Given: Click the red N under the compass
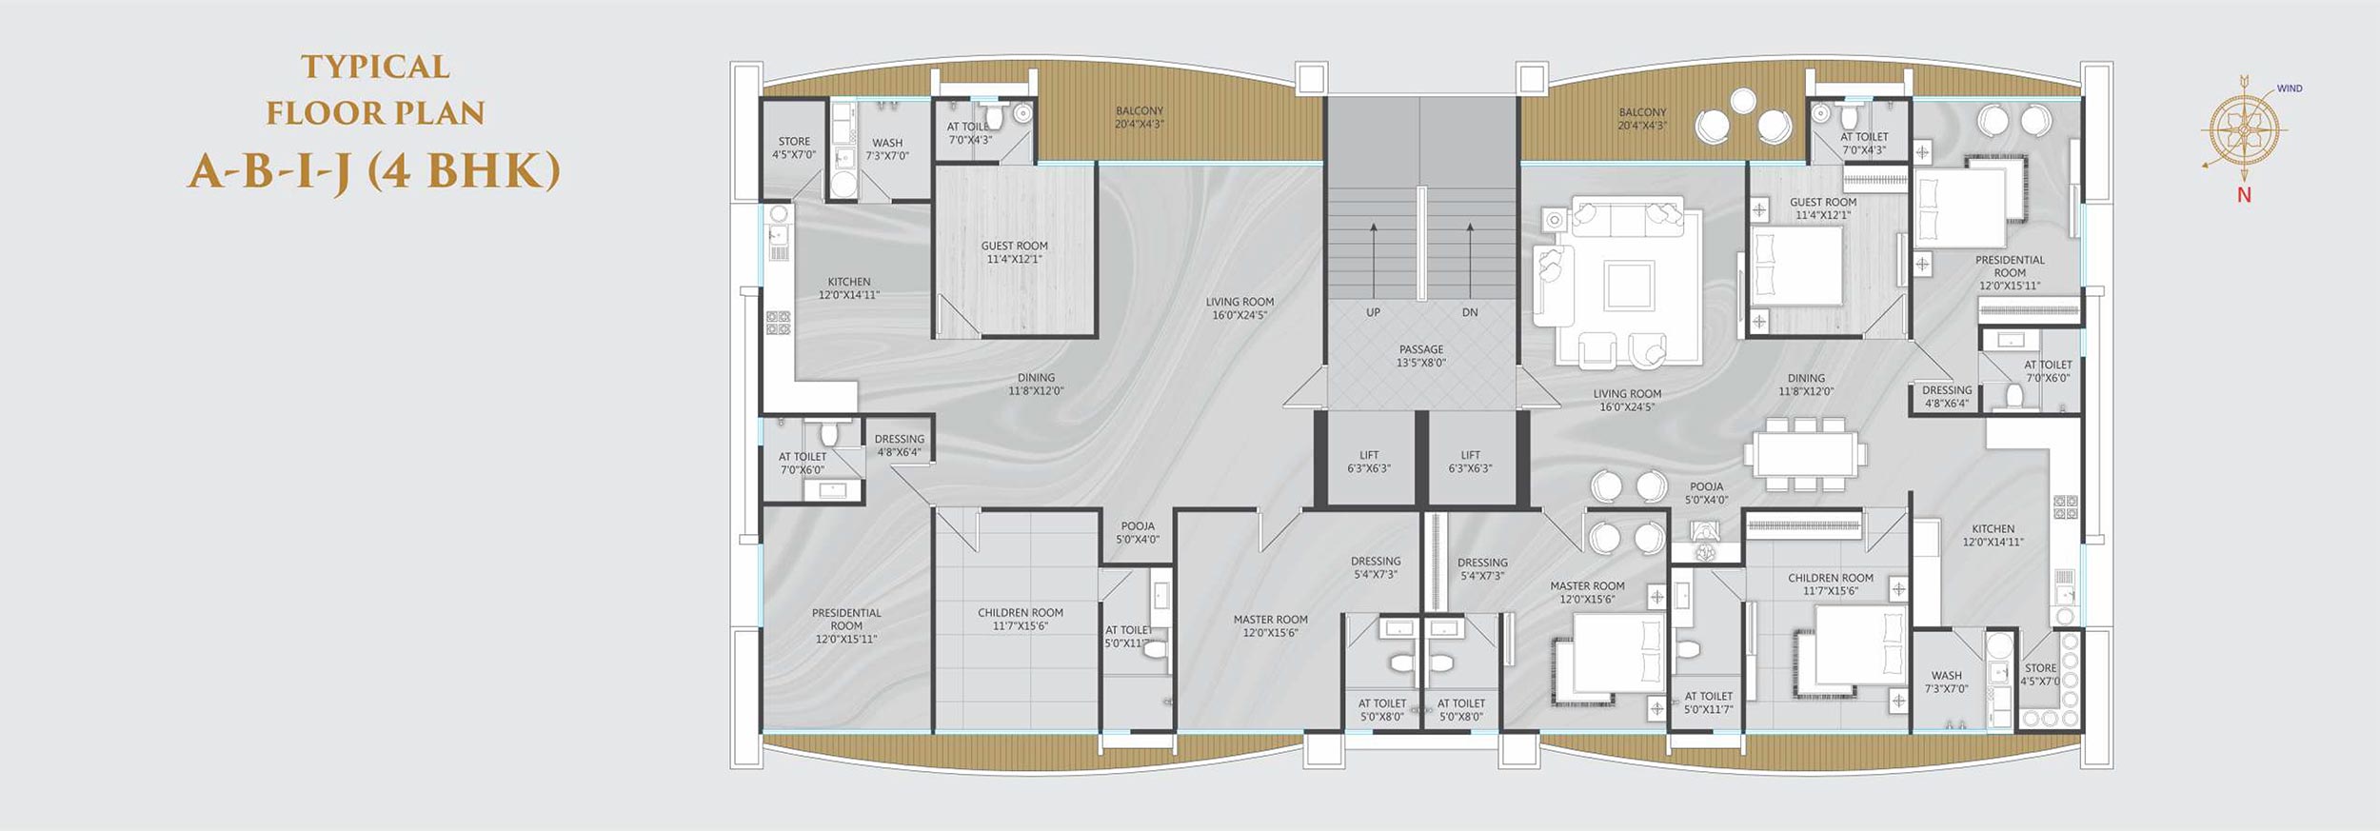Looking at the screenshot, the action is point(2244,195).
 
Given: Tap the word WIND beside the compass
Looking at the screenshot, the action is point(2290,89).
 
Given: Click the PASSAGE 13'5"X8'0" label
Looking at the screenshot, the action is point(1421,356).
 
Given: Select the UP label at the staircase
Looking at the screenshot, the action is point(1373,312).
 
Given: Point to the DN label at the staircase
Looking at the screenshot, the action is point(1470,312).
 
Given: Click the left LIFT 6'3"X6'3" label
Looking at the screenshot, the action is point(1369,462).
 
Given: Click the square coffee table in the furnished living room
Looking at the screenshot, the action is point(1629,286).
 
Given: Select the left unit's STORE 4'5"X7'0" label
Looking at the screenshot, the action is point(794,148).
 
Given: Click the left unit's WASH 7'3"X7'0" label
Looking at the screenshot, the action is point(887,149).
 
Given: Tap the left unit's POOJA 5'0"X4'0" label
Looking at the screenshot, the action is point(1138,533).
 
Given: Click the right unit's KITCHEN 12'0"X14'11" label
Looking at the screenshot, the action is point(1993,536).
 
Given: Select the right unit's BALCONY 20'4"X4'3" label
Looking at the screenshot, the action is point(1642,119).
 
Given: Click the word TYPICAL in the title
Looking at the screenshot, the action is point(375,67).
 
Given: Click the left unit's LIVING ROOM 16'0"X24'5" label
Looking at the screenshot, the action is point(1240,308).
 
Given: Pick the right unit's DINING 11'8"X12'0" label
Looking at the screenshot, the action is point(1806,385).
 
